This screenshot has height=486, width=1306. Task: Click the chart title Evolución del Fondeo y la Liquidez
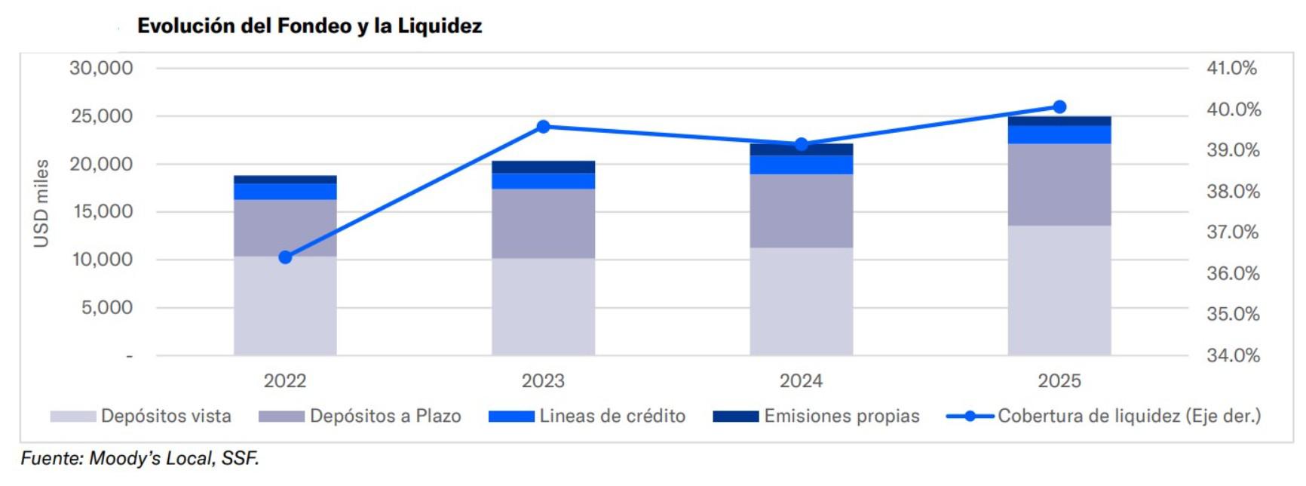coord(309,26)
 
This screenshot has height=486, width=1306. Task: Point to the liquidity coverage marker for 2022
coord(285,257)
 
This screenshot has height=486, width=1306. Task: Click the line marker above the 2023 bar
coord(543,127)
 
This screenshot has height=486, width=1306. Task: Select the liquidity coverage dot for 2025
coord(1059,107)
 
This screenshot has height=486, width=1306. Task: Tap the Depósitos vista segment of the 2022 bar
coord(285,306)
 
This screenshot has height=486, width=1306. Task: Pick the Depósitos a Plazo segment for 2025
coord(1059,185)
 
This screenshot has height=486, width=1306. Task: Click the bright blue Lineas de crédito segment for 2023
coord(543,181)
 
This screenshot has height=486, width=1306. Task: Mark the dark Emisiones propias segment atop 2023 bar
coord(543,167)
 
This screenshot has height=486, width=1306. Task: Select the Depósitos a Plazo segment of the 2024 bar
coord(801,211)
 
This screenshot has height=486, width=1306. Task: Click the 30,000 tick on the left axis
coord(101,68)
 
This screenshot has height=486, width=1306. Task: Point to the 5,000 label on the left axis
coord(106,307)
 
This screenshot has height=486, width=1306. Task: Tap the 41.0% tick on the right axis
coord(1231,68)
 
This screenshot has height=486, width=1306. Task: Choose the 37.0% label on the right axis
coord(1232,232)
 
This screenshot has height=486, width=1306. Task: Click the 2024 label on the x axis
coord(801,381)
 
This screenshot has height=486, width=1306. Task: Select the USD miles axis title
coord(41,203)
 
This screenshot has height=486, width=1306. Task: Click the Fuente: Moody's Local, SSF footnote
coord(139,458)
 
